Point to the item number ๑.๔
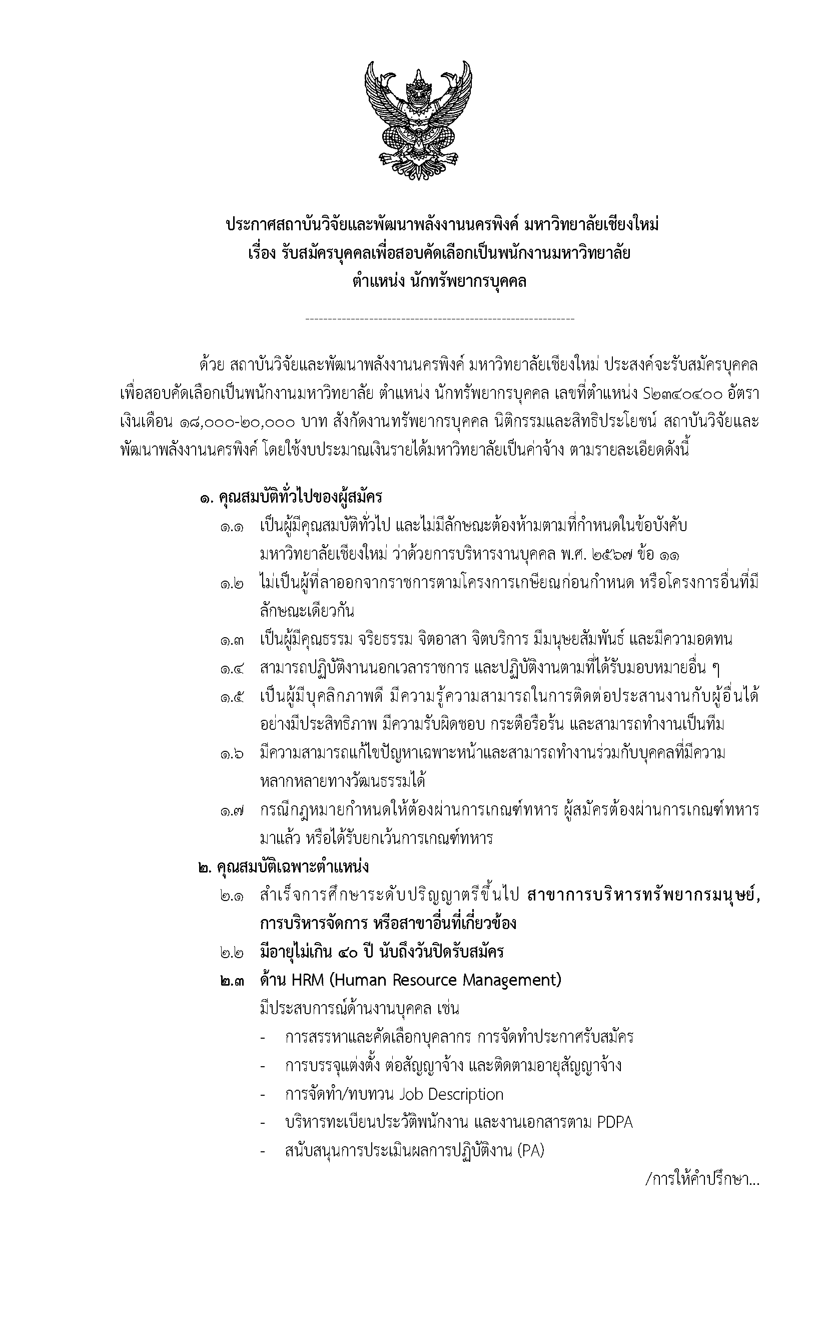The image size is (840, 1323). pos(233,669)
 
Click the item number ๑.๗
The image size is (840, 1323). pos(233,811)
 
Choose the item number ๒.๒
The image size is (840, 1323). pos(233,952)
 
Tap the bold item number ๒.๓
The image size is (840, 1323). pos(233,981)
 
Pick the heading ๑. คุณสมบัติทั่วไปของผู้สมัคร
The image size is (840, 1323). pos(291,498)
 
